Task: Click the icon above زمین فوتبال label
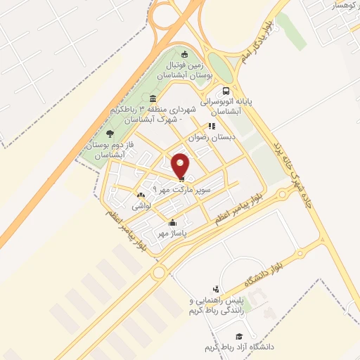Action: click(184, 54)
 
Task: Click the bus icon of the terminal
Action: click(225, 91)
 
